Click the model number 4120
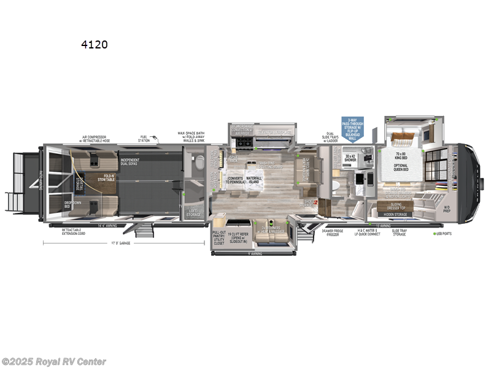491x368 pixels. [x=93, y=45]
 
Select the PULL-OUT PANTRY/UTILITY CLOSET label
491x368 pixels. [x=218, y=238]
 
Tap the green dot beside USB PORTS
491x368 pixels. [x=435, y=234]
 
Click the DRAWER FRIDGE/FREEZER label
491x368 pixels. [x=333, y=233]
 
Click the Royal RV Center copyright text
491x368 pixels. [x=54, y=361]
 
